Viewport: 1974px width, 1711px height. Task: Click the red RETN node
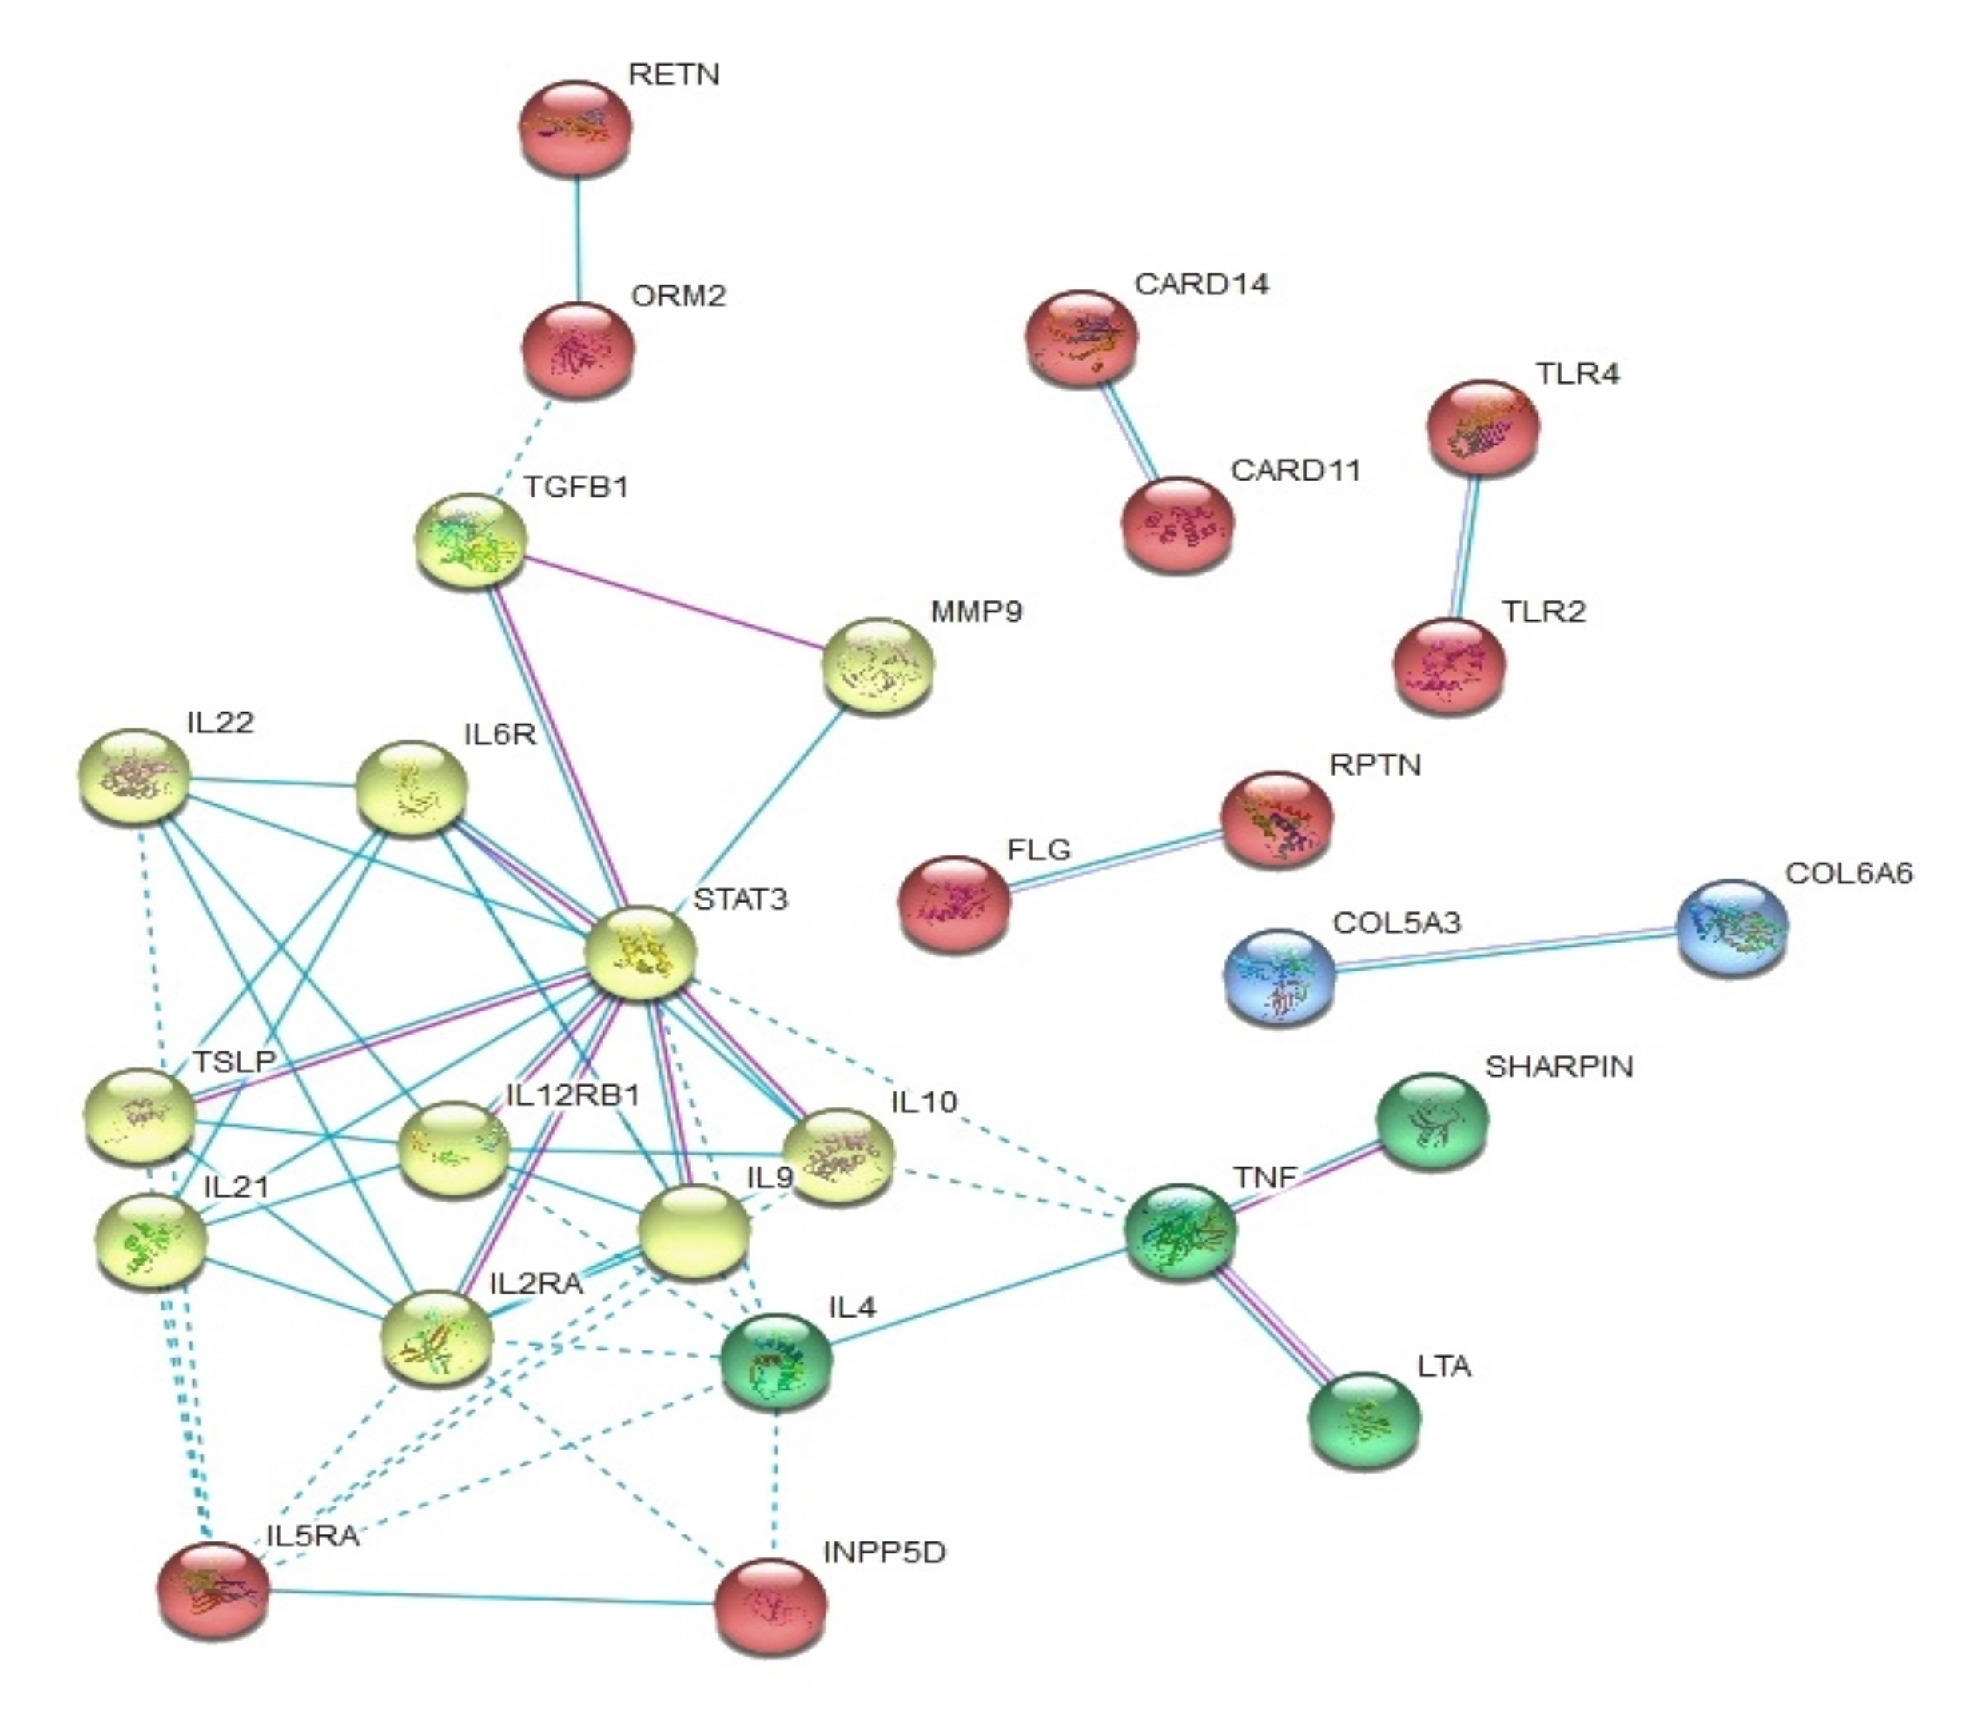(575, 127)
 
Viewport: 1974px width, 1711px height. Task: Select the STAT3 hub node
(640, 952)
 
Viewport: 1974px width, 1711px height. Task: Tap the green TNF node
(1180, 1232)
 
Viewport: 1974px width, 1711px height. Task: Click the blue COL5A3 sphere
(1280, 977)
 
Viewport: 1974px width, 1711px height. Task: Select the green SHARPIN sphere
(1431, 1120)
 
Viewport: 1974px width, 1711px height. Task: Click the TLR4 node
(1482, 427)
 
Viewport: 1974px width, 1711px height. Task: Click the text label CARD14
(1201, 285)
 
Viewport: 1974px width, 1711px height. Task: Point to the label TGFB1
(575, 487)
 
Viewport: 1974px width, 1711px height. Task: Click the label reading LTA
(1444, 1366)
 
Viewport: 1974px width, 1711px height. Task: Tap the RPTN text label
(1375, 765)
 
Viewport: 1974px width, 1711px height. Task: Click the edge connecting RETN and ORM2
(576, 239)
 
